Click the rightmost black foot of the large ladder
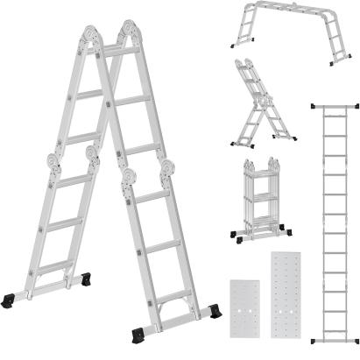[x=215, y=312]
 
